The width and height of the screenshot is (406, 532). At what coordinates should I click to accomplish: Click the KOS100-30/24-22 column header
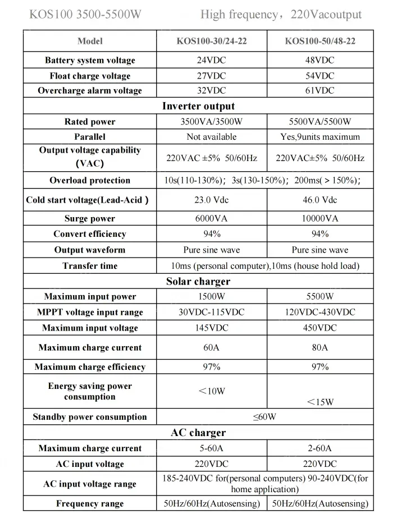coord(211,41)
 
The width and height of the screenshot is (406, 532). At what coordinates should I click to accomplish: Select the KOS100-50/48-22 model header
coord(320,41)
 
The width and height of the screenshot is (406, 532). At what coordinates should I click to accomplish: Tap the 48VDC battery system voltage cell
coord(320,60)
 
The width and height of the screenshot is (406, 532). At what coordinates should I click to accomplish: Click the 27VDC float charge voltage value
coord(211,76)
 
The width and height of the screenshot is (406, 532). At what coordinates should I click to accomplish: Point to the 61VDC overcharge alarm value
coord(320,90)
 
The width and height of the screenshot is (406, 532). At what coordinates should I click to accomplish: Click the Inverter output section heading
coord(198,106)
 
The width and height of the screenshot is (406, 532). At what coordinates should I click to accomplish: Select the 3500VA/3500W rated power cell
coord(211,122)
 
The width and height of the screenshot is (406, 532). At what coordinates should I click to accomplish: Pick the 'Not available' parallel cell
coord(211,137)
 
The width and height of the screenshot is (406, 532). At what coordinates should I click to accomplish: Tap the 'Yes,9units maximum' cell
coord(320,137)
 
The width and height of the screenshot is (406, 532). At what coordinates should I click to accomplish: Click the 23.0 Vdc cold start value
coord(211,200)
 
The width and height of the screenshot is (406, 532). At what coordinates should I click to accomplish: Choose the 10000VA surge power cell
coord(320,219)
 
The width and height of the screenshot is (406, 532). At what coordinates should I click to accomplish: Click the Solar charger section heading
coord(198,281)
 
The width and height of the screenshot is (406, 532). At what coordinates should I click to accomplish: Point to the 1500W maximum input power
coord(211,297)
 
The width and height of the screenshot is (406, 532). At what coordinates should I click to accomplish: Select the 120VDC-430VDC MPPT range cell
coord(320,313)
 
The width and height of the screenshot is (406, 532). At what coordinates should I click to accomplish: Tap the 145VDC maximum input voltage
coord(211,328)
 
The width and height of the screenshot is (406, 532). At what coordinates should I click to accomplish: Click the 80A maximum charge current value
coord(320,348)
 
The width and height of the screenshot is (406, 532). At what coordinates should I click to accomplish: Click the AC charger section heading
coord(198,433)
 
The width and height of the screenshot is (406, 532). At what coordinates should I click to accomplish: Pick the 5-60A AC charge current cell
coord(211,448)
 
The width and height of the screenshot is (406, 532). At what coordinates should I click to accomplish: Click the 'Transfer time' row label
coord(90,266)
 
